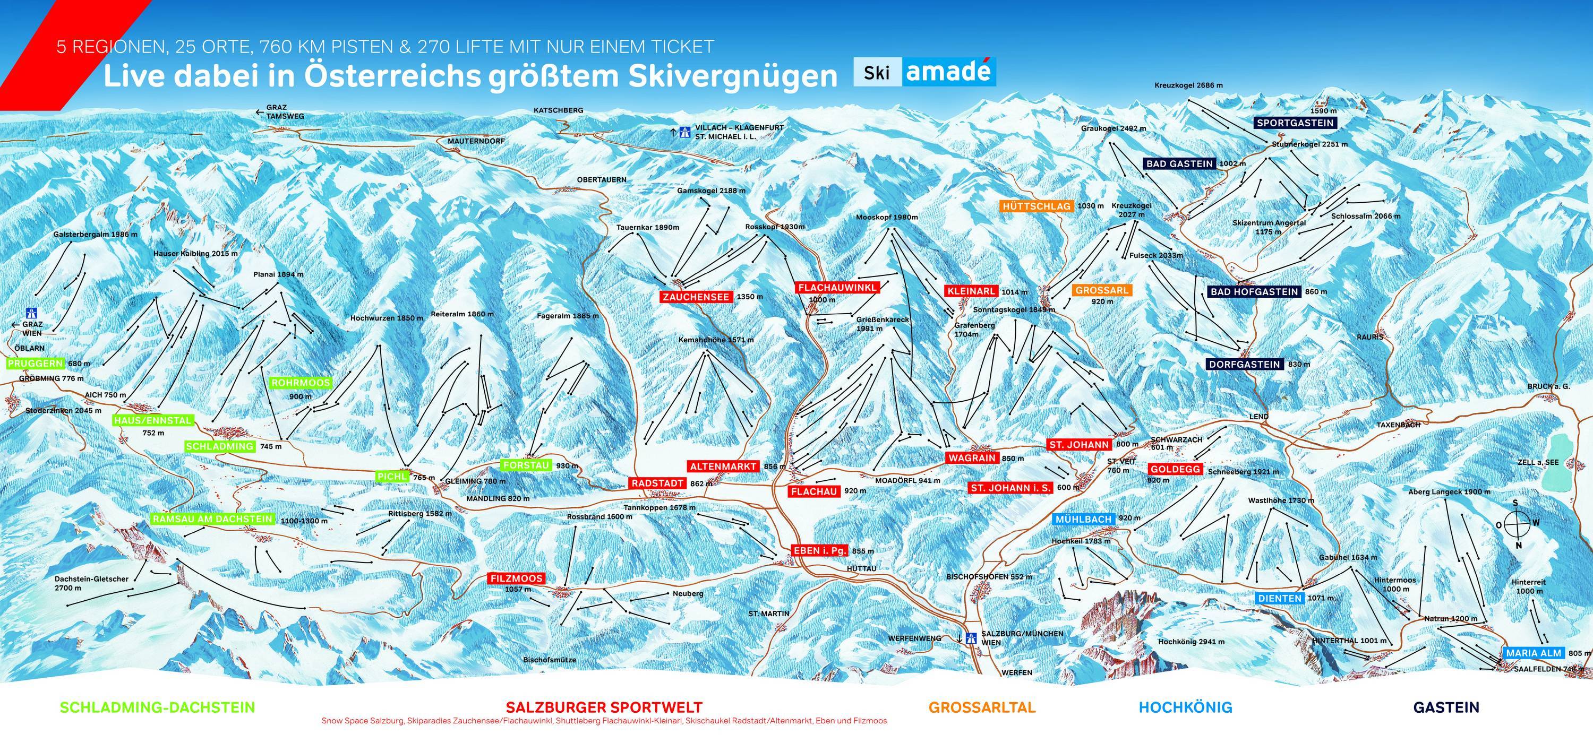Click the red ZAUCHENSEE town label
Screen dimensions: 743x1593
pyautogui.click(x=696, y=297)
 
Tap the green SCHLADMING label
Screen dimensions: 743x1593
pyautogui.click(x=219, y=446)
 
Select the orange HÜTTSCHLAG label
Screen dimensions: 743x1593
pyautogui.click(x=1037, y=206)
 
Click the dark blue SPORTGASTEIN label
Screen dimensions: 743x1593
pyautogui.click(x=1295, y=123)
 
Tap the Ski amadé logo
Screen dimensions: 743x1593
pyautogui.click(x=924, y=73)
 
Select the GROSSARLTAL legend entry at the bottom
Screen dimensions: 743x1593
pyautogui.click(x=982, y=707)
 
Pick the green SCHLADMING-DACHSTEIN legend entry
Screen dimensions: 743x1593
pyautogui.click(x=158, y=707)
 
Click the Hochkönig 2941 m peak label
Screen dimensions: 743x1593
pyautogui.click(x=1191, y=642)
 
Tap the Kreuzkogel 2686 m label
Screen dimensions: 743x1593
pyautogui.click(x=1188, y=85)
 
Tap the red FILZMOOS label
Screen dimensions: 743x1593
pyautogui.click(x=516, y=578)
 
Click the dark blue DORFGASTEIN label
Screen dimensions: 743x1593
pyautogui.click(x=1244, y=365)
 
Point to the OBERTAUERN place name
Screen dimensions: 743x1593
pyautogui.click(x=601, y=179)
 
